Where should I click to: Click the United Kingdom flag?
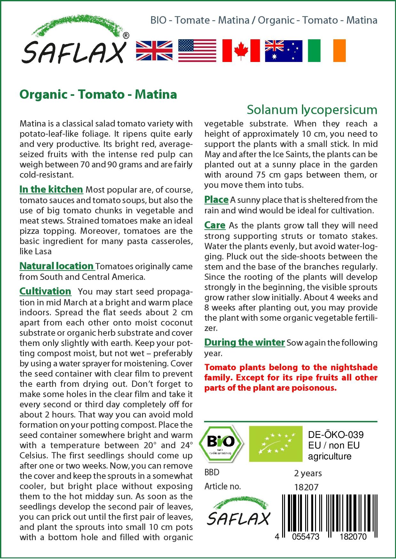(x=154, y=51)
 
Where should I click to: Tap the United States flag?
(x=197, y=51)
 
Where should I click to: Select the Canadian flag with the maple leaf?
(x=241, y=51)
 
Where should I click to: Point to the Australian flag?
(x=284, y=51)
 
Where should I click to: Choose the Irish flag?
(x=327, y=51)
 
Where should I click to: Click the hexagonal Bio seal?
(x=221, y=443)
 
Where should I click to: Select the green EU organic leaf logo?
(x=275, y=443)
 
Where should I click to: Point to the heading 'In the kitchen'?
(x=51, y=189)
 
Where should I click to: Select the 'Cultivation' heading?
(x=45, y=291)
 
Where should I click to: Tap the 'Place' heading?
(x=216, y=200)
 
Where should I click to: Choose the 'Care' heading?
(x=215, y=225)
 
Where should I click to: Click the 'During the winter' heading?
(x=244, y=342)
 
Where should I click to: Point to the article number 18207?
(x=306, y=487)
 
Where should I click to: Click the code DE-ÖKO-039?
(x=336, y=435)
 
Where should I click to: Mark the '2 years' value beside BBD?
(x=308, y=473)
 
